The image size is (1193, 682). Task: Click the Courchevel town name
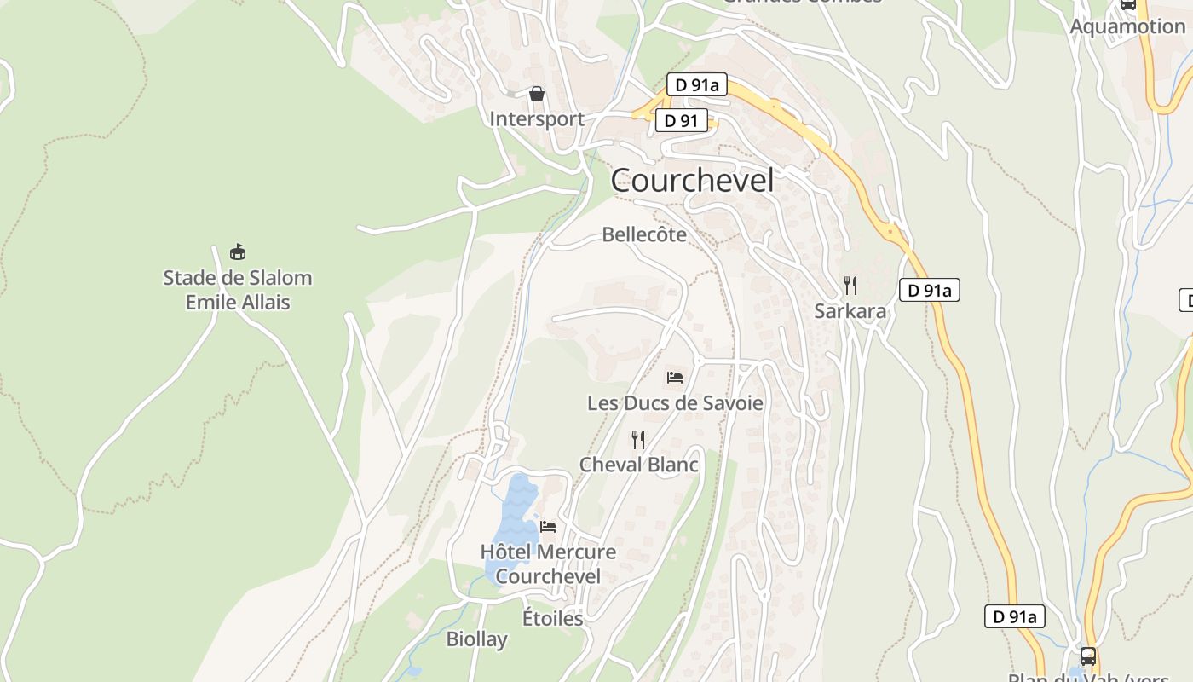click(x=693, y=181)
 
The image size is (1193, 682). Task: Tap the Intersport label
click(x=537, y=118)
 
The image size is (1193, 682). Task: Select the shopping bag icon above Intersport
click(x=537, y=94)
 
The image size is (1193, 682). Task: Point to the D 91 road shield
click(x=682, y=121)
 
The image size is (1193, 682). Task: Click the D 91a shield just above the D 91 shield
click(x=696, y=84)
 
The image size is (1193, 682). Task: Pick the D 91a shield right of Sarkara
click(x=929, y=290)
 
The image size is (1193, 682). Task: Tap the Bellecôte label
click(x=644, y=234)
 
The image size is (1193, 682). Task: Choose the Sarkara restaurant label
click(x=850, y=311)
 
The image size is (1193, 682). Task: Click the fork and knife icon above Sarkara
click(x=850, y=285)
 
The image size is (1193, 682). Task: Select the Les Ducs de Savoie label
click(x=675, y=402)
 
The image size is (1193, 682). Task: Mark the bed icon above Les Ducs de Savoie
click(x=675, y=377)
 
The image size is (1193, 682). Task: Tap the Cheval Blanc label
click(x=638, y=465)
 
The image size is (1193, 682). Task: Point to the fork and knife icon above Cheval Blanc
click(x=637, y=440)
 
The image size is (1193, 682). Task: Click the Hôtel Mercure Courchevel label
click(x=548, y=564)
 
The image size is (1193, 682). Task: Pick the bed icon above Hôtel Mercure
click(x=548, y=527)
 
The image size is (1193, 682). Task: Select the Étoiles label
click(x=552, y=618)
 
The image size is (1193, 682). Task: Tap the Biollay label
click(x=476, y=639)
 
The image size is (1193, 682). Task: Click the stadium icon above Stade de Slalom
click(x=238, y=252)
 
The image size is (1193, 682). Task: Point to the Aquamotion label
click(x=1127, y=26)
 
